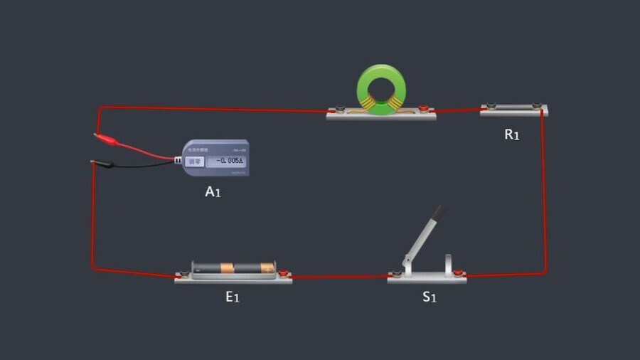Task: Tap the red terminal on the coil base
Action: point(423,109)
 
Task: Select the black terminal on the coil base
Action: point(341,110)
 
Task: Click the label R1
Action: point(512,134)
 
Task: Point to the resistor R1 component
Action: point(514,108)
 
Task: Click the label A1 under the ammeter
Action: point(213,191)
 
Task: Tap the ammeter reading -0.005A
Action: point(229,162)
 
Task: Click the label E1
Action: point(233,297)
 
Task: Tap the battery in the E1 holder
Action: point(233,268)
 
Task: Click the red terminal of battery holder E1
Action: point(283,273)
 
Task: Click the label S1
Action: point(429,297)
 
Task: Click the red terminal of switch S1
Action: point(459,273)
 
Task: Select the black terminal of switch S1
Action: point(397,274)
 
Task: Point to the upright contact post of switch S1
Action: point(449,264)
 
